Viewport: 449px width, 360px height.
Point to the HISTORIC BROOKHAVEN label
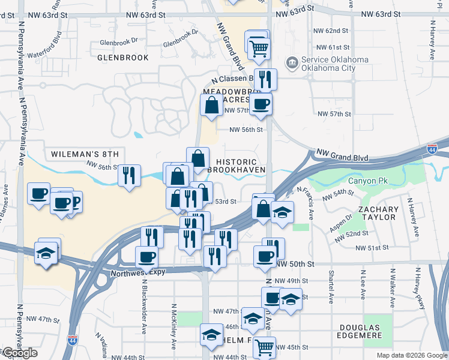[236, 166]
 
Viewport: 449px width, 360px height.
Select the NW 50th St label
[295, 264]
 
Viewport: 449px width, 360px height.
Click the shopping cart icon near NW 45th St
[264, 347]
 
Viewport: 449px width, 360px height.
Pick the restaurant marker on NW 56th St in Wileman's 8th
[129, 175]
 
